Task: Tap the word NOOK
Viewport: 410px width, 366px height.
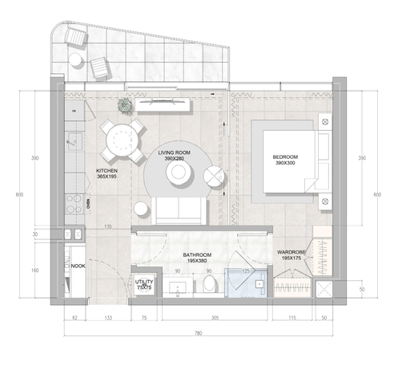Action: click(78, 266)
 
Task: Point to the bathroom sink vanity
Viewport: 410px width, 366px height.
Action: click(177, 287)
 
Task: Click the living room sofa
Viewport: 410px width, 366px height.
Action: click(181, 211)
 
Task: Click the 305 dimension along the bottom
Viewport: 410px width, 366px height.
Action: click(215, 319)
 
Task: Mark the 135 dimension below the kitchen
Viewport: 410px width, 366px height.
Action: click(108, 227)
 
